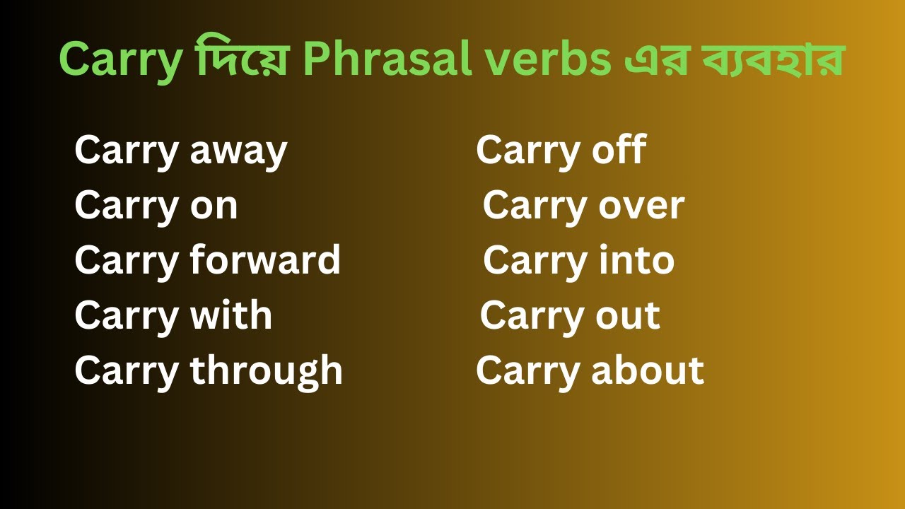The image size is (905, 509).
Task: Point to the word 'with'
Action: (x=231, y=315)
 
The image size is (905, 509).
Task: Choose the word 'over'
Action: (x=641, y=206)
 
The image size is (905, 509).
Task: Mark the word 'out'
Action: (x=629, y=316)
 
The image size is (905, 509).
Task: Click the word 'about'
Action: (x=648, y=371)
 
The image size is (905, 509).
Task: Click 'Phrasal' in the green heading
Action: (x=388, y=59)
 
